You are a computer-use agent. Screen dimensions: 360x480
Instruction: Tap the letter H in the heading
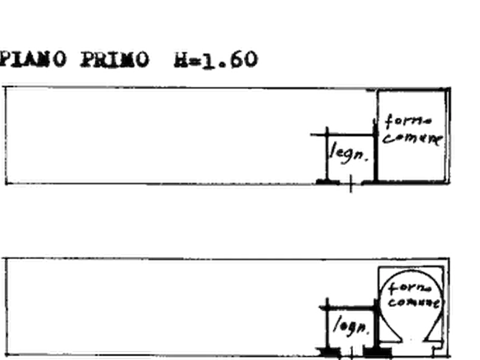tap(177, 59)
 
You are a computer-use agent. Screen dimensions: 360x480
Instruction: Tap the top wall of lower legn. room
tap(348, 307)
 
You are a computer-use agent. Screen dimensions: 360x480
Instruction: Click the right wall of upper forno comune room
tap(447, 134)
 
